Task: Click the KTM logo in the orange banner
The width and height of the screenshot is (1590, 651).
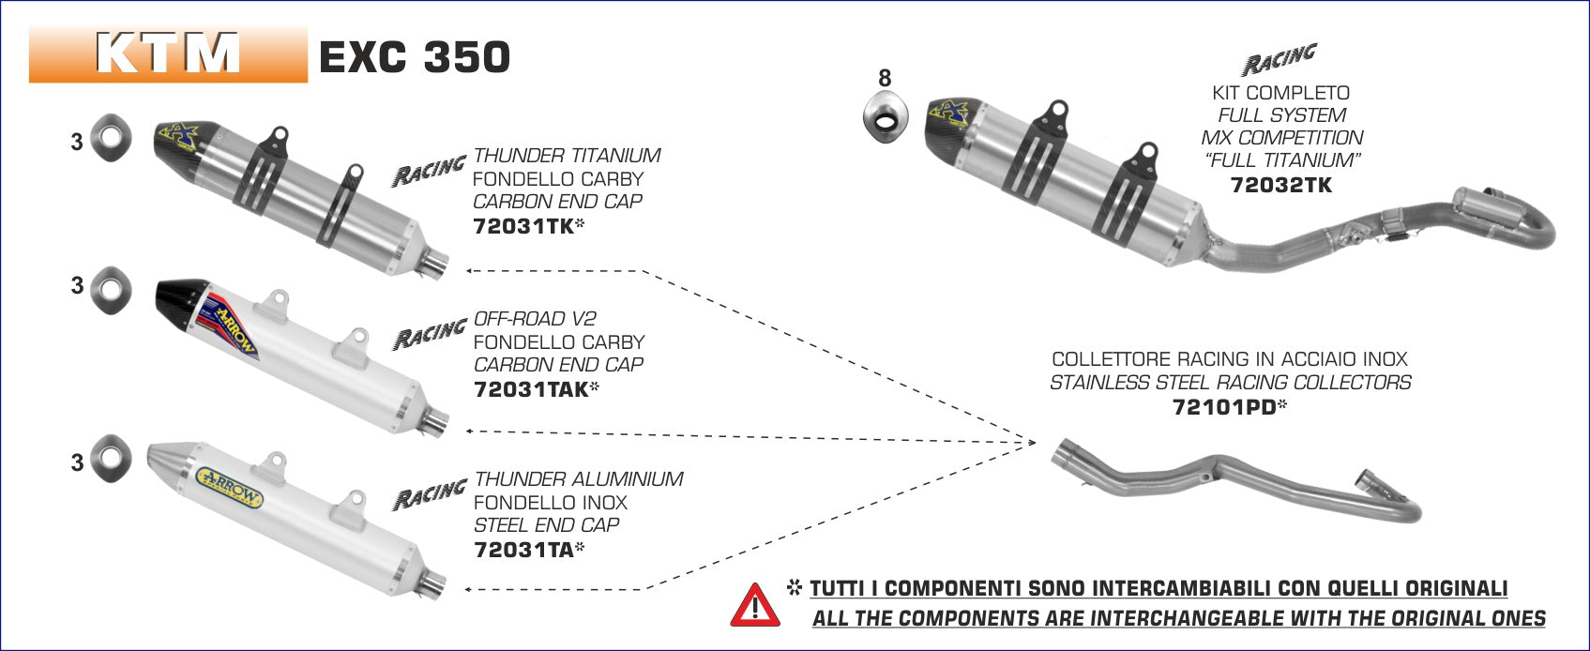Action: pyautogui.click(x=168, y=53)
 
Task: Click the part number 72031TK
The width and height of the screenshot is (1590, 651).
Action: pyautogui.click(x=523, y=226)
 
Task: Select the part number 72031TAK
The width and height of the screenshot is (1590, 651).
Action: pyautogui.click(x=531, y=389)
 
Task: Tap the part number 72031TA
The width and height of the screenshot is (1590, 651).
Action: pyautogui.click(x=523, y=550)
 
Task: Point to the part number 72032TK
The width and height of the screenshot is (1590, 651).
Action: pyautogui.click(x=1281, y=186)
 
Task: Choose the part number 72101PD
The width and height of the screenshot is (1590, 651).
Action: pyautogui.click(x=1224, y=407)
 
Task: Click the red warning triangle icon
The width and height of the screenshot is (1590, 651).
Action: pyautogui.click(x=755, y=606)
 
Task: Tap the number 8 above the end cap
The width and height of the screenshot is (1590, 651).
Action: pyautogui.click(x=885, y=77)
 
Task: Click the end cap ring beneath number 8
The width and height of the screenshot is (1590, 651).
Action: pyautogui.click(x=886, y=117)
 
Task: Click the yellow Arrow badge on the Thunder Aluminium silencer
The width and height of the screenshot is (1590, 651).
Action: pyautogui.click(x=229, y=487)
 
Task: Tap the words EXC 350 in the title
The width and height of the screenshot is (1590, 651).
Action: pyautogui.click(x=415, y=57)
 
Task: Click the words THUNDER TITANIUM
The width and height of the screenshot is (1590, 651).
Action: pyautogui.click(x=568, y=156)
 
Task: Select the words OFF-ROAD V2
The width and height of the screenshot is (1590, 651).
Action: pyautogui.click(x=535, y=319)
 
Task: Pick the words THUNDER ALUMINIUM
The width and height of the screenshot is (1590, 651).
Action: pyautogui.click(x=579, y=479)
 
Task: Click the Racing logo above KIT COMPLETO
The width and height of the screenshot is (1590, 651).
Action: pyautogui.click(x=1280, y=60)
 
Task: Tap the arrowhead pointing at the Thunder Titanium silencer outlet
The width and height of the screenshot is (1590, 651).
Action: pyautogui.click(x=470, y=271)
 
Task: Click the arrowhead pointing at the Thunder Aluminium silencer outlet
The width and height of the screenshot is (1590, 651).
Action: pyautogui.click(x=469, y=589)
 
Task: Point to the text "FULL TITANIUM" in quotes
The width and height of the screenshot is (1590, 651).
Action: pyautogui.click(x=1282, y=160)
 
